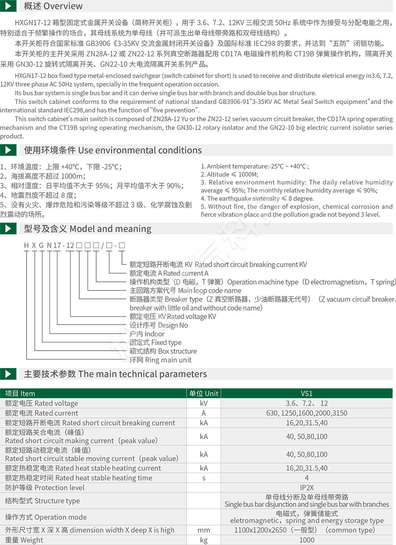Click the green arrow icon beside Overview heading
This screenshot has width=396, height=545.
click(8, 6)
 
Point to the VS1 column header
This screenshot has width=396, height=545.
click(307, 393)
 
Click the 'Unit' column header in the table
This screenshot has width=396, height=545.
click(204, 393)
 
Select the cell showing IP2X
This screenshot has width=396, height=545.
click(307, 488)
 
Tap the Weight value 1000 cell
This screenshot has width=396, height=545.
click(307, 540)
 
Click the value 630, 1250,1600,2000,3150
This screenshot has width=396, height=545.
click(307, 413)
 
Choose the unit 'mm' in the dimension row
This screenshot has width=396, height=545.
click(204, 530)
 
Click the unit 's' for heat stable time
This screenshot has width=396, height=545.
click(204, 478)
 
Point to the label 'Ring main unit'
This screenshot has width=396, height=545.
click(160, 360)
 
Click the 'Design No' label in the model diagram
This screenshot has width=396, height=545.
click(159, 325)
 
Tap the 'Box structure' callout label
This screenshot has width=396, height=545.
click(163, 351)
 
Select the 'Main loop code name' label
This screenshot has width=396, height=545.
click(185, 291)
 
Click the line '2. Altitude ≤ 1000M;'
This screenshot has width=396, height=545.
click(229, 174)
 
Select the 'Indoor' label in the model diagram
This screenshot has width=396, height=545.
click(147, 334)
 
